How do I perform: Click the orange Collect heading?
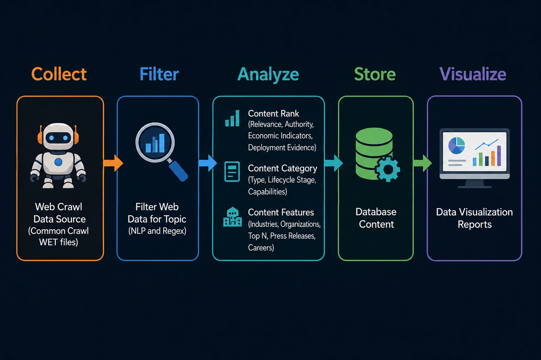coord(59,74)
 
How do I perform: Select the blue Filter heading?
coord(159,74)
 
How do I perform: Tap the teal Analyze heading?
coord(268,75)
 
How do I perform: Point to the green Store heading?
coord(375,74)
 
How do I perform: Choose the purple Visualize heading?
coord(473,74)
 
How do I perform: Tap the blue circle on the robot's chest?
coord(58,162)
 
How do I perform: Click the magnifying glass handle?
coord(178,170)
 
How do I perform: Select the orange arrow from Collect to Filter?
coord(113,163)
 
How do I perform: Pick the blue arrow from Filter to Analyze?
coord(208,163)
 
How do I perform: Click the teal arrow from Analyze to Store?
coord(334,163)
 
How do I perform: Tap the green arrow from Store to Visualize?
coord(423,163)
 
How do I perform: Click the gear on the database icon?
coord(388,169)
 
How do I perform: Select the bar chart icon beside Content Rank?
coord(232,118)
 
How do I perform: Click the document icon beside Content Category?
coord(232,172)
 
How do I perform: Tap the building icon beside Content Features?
coord(232,217)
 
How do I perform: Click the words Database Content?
coord(376,218)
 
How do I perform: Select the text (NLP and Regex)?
coord(157,231)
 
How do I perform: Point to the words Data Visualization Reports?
coord(474,218)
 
